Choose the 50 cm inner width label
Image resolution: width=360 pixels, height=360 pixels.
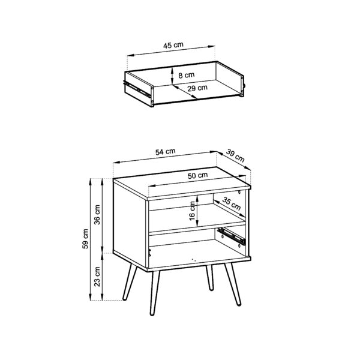(197, 175)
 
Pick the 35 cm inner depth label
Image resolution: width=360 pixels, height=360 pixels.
(230, 204)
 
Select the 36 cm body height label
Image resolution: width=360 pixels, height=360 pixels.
(98, 214)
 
